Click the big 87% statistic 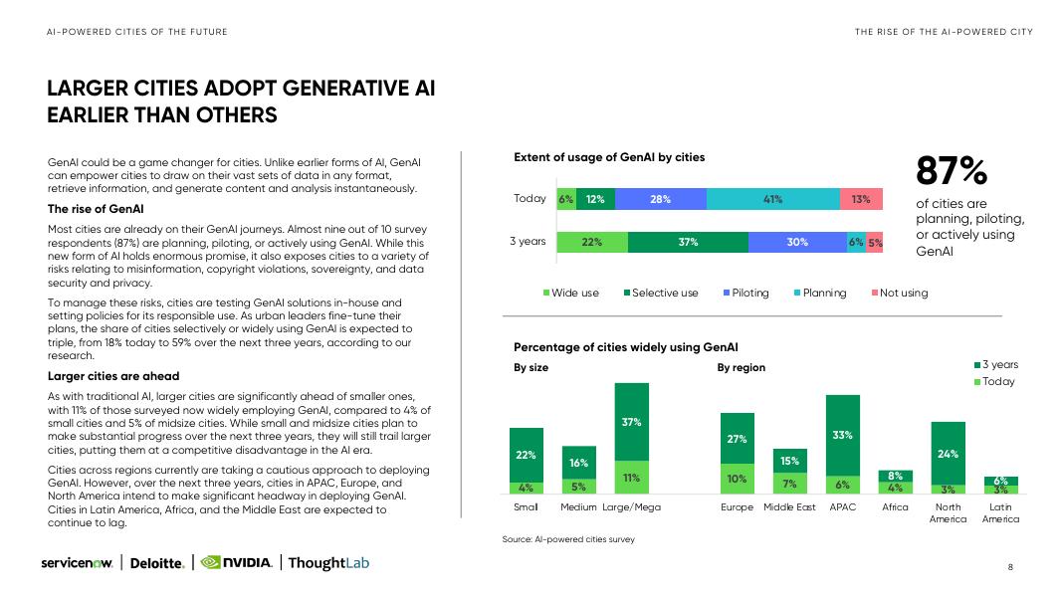[x=951, y=172]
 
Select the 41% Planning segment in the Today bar [x=772, y=199]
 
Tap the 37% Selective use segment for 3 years [x=688, y=242]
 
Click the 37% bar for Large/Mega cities [x=631, y=421]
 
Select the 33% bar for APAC [x=842, y=435]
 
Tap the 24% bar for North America [x=948, y=453]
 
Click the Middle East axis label [x=789, y=507]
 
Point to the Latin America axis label [x=1000, y=513]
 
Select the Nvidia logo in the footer [x=237, y=563]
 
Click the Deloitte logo [x=157, y=563]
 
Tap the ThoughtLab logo [x=328, y=563]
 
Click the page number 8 [x=1010, y=567]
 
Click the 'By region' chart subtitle [x=741, y=367]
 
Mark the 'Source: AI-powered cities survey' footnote [x=567, y=539]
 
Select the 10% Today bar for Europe [x=737, y=478]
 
